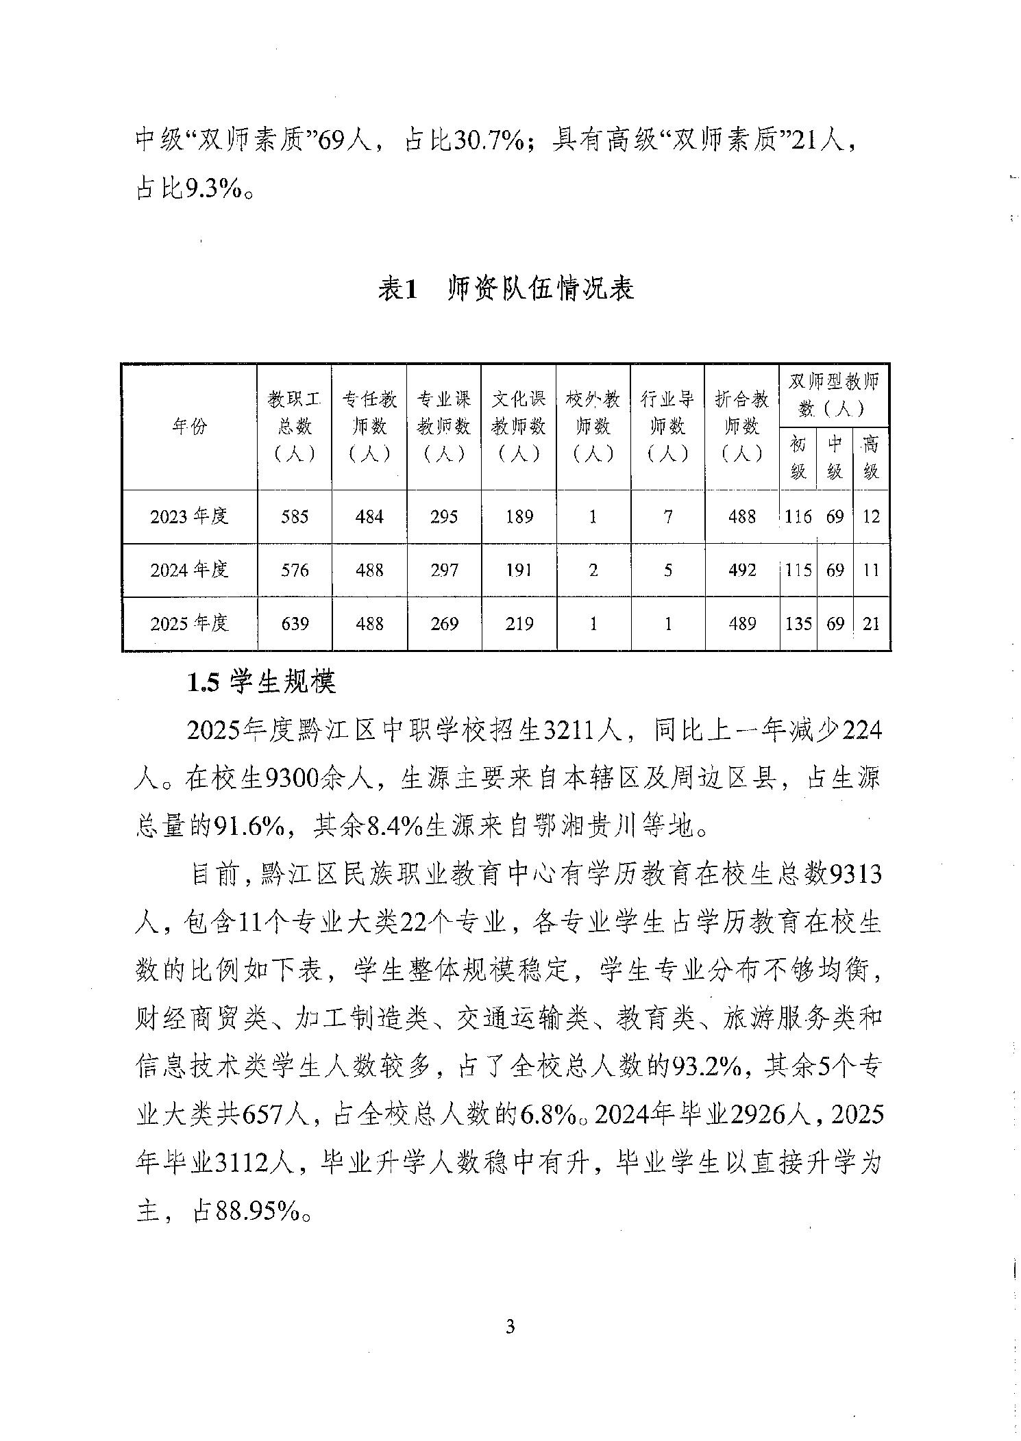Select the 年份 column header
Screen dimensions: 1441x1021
pyautogui.click(x=189, y=427)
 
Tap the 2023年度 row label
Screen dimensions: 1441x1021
pyautogui.click(x=189, y=516)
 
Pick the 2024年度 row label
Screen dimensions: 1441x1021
pyautogui.click(x=189, y=570)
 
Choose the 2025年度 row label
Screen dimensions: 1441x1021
pyautogui.click(x=189, y=623)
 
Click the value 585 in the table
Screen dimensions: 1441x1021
pyautogui.click(x=295, y=516)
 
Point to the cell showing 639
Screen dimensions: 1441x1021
pyautogui.click(x=295, y=623)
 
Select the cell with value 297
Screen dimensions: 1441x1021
pyautogui.click(x=444, y=570)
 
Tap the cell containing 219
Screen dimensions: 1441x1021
pyautogui.click(x=519, y=623)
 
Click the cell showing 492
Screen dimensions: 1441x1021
pyautogui.click(x=742, y=570)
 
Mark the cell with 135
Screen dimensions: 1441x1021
pyautogui.click(x=798, y=623)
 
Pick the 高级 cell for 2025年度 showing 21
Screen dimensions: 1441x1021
pyautogui.click(x=871, y=623)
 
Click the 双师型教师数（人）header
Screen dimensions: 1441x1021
pyautogui.click(x=833, y=395)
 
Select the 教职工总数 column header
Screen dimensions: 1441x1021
pyautogui.click(x=295, y=426)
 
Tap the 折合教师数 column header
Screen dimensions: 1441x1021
pyautogui.click(x=742, y=426)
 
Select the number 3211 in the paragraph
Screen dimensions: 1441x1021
pyautogui.click(x=568, y=731)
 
